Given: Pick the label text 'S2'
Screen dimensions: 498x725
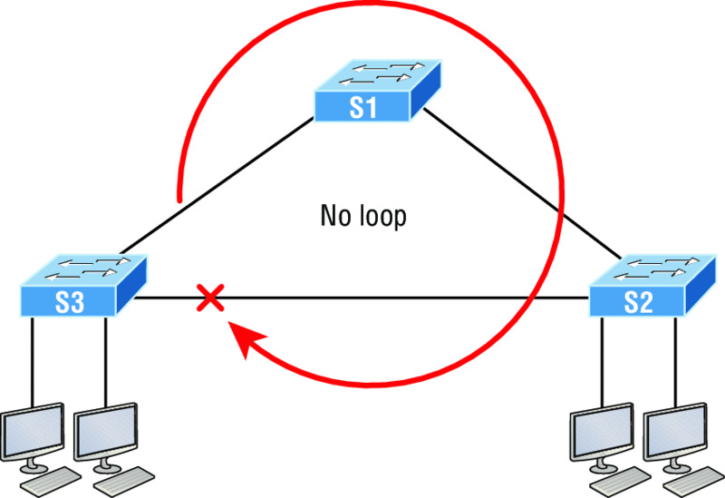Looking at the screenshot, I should coord(638,303).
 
